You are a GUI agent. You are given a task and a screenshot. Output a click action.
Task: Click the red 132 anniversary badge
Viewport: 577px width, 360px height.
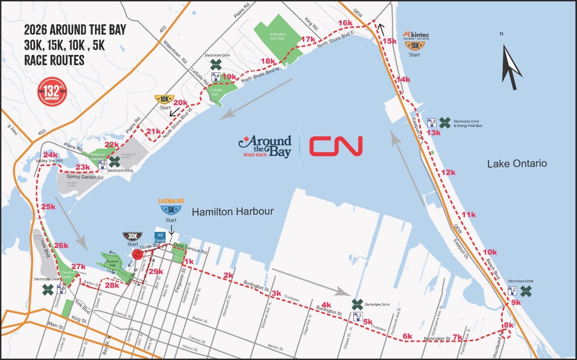point(52,92)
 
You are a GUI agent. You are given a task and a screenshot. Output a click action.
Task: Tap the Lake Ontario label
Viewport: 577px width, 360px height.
point(517,163)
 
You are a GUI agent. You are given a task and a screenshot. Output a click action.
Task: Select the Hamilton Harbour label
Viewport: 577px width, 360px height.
point(232,211)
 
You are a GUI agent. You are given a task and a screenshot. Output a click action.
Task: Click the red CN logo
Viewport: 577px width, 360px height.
point(336,146)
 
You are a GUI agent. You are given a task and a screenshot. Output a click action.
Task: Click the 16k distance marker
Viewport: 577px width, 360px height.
point(345,23)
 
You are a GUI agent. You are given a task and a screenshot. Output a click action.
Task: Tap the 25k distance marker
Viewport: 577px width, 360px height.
point(48,207)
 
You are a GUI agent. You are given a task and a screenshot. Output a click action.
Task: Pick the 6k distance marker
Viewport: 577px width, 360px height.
point(407,336)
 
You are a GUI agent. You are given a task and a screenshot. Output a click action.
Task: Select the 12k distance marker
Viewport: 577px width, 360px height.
point(448,172)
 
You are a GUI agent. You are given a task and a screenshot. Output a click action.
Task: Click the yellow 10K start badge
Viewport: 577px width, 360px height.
point(165,99)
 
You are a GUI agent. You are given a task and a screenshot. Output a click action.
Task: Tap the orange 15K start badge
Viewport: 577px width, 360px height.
point(415,46)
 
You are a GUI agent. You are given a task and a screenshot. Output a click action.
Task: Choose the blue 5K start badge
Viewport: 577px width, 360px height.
point(171,210)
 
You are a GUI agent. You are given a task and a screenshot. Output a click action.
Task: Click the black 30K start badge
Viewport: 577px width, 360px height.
point(132,236)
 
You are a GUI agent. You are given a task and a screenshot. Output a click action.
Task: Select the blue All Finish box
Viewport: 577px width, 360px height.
point(160,237)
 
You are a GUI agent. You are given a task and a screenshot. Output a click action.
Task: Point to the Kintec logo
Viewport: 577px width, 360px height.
point(416,35)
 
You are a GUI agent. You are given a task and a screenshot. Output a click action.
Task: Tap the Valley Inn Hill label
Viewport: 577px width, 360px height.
point(49,161)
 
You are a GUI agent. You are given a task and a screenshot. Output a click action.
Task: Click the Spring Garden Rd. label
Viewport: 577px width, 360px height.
point(85,177)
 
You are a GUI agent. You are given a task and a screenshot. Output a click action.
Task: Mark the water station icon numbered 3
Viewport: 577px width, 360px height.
point(431,122)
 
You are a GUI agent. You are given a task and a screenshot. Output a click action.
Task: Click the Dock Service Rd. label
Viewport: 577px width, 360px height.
point(190,248)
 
